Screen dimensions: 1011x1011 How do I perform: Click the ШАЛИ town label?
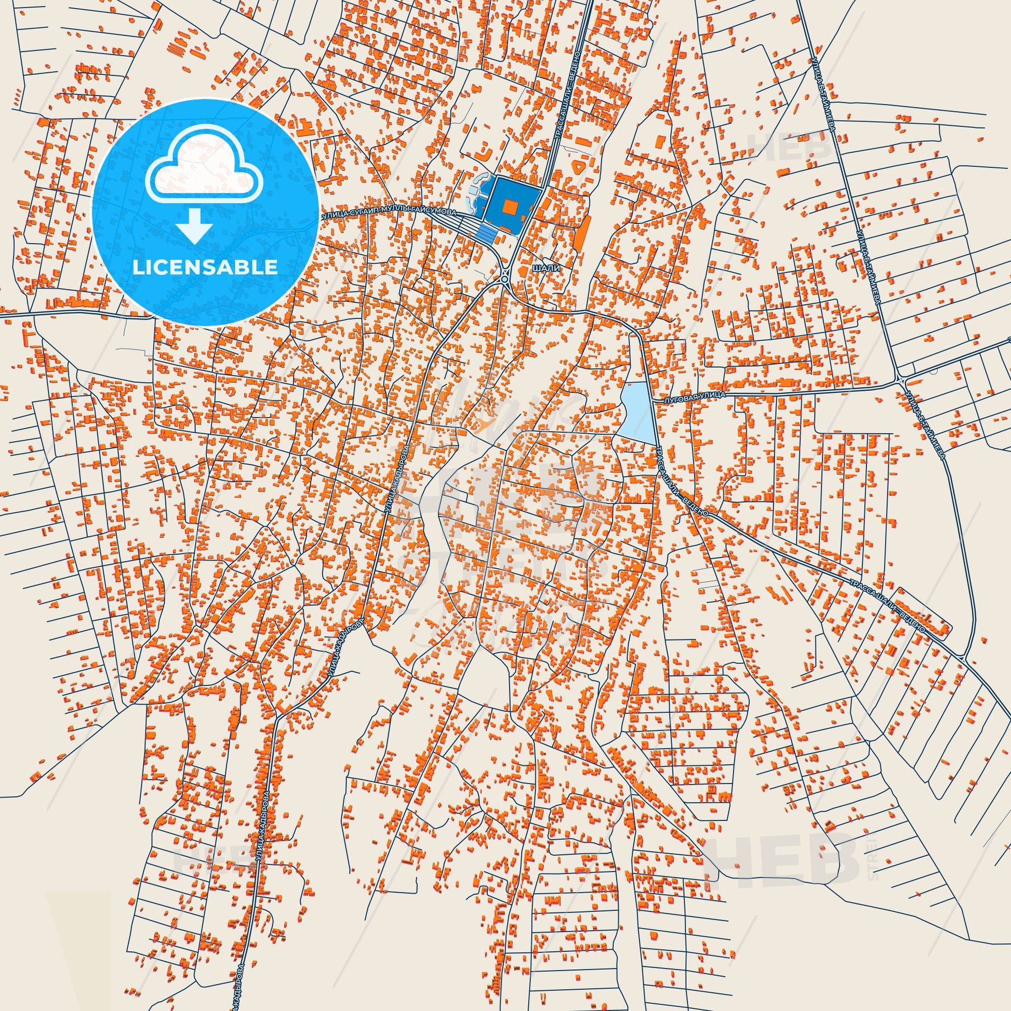click(x=546, y=268)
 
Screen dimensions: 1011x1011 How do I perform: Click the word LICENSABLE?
click(x=205, y=267)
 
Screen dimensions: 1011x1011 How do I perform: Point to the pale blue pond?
click(x=637, y=413)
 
